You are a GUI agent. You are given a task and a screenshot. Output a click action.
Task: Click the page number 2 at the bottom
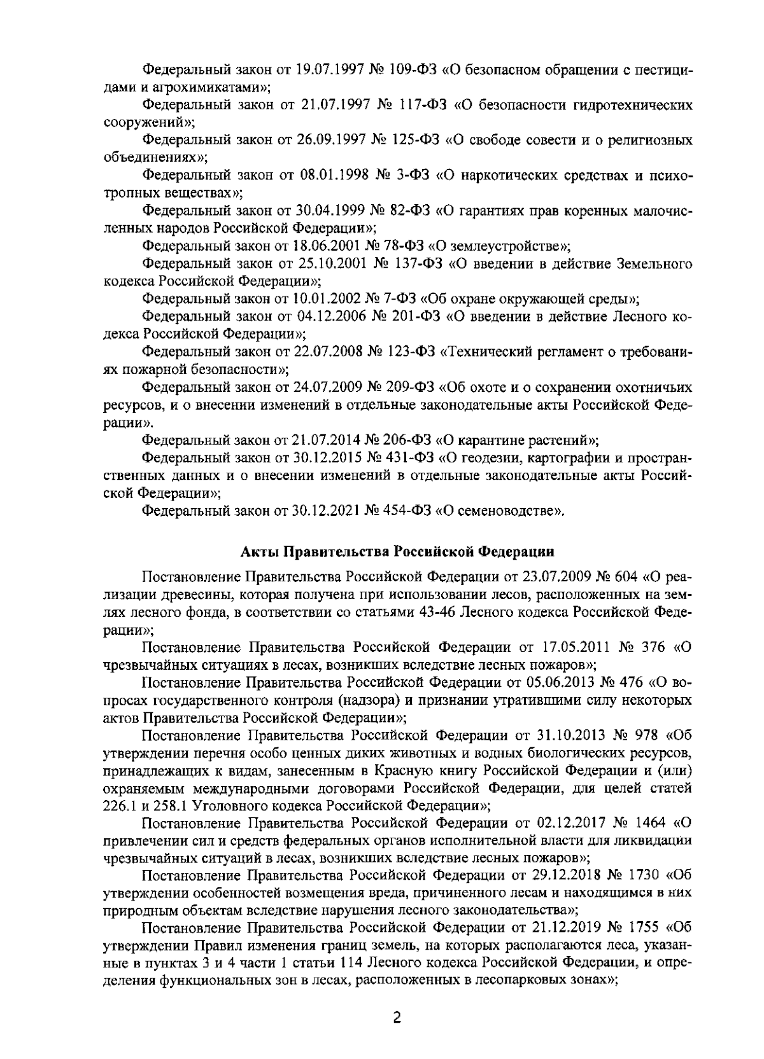click(x=397, y=1018)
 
